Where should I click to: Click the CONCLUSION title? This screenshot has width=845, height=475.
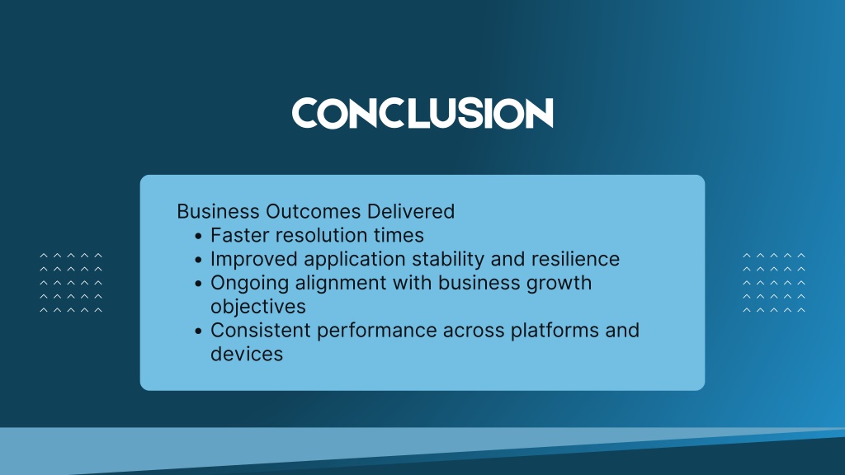tap(422, 113)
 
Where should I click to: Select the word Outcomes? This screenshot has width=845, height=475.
tap(313, 211)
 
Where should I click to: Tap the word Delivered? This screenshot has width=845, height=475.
tap(411, 211)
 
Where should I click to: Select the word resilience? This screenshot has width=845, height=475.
tap(575, 259)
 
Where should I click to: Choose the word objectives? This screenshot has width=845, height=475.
tap(258, 307)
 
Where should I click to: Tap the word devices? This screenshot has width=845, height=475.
tap(247, 354)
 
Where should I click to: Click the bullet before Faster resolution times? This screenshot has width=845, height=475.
tap(198, 236)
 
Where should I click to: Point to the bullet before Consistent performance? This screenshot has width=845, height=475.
tap(198, 332)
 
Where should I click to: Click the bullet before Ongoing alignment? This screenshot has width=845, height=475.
tap(198, 284)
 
